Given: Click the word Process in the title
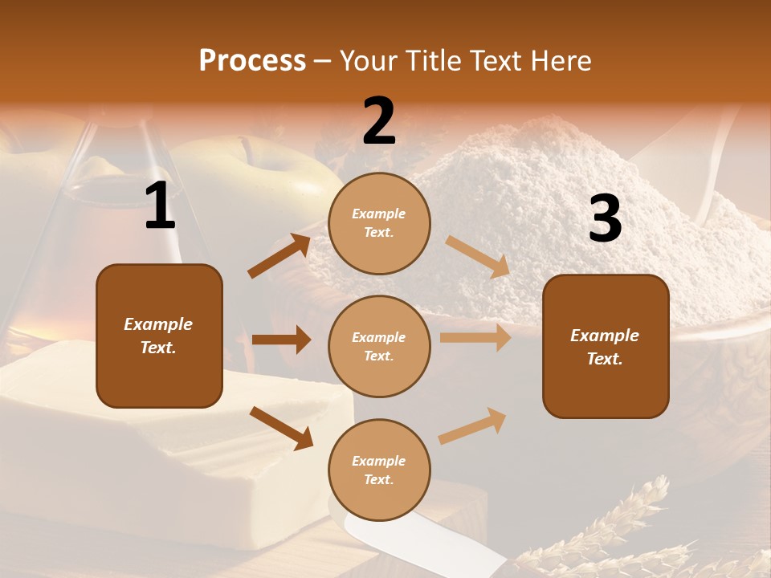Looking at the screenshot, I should coord(252,60).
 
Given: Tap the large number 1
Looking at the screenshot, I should coord(160,206).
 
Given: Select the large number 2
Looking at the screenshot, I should coord(379,120).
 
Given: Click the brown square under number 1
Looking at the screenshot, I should coord(159,336).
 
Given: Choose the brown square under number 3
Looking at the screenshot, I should coord(606,346).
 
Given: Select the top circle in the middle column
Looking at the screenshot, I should coord(379,223).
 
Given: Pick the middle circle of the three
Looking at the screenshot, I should coord(379,346).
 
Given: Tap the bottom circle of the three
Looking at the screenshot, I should coord(379,470).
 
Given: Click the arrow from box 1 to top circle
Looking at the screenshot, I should coord(279,256).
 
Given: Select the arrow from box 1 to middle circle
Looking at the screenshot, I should coord(281,340).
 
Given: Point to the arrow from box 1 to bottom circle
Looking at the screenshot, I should coord(281,427).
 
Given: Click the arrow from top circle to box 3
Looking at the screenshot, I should coord(478,257).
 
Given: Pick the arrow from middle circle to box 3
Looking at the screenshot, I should coord(475,338).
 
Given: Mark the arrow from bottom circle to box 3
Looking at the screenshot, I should coord(472,425).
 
